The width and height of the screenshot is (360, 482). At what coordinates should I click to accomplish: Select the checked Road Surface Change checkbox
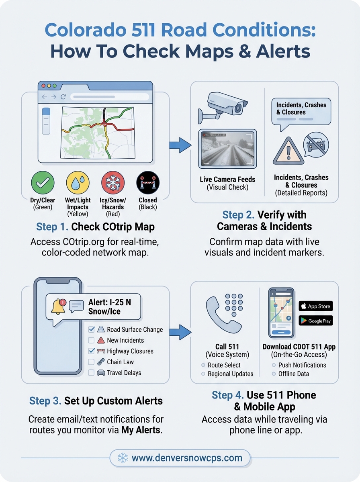[91, 329]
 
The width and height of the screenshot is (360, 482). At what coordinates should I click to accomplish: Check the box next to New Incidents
[91, 340]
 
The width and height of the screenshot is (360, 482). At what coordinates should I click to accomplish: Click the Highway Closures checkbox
[91, 351]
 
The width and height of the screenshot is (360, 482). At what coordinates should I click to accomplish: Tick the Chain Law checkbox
[91, 362]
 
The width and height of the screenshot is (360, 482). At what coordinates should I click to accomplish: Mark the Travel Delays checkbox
[91, 373]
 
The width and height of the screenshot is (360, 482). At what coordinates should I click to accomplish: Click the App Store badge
[315, 306]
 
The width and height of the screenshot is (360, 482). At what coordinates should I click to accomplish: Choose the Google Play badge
[315, 321]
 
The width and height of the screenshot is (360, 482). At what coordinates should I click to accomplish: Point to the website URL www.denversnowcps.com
[186, 457]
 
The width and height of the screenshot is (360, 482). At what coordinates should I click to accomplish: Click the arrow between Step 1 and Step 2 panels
[180, 145]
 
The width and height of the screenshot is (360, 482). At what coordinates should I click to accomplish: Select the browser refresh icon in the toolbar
[63, 97]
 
